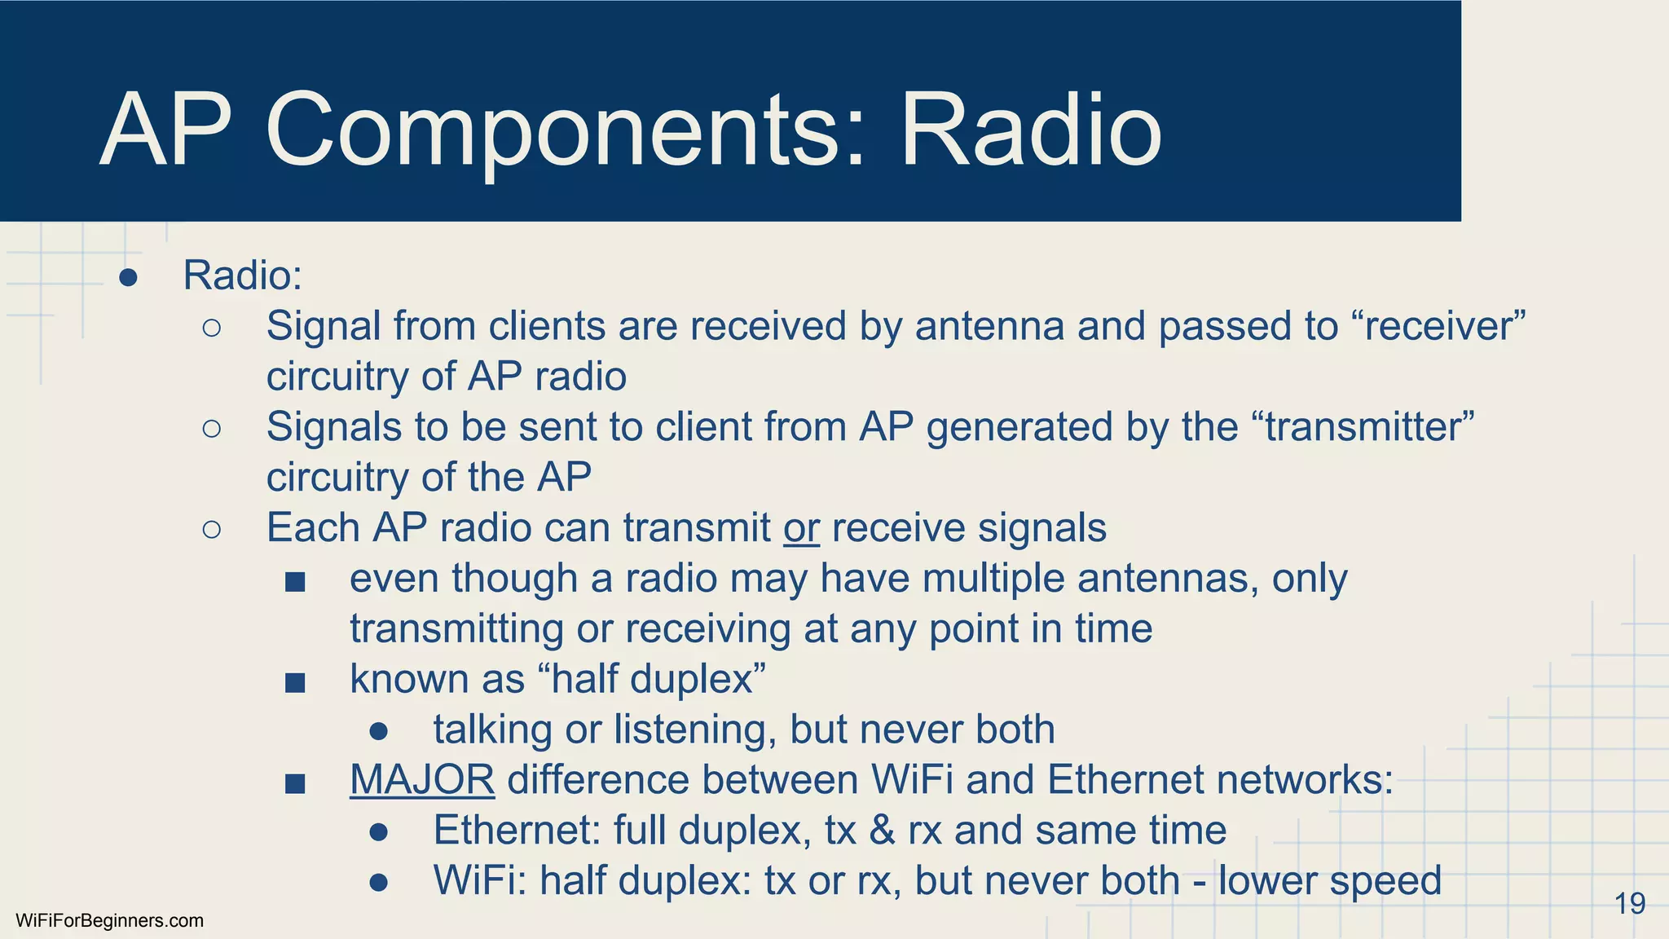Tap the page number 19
tap(1629, 903)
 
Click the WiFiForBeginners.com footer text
tap(109, 920)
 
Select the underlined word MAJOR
tap(421, 779)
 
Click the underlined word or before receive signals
tap(801, 527)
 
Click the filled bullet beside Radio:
tap(128, 277)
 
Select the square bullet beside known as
tap(295, 682)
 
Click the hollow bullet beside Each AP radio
tap(211, 530)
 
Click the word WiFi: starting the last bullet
tap(479, 880)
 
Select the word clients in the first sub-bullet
tap(546, 326)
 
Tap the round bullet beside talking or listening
tap(378, 731)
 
